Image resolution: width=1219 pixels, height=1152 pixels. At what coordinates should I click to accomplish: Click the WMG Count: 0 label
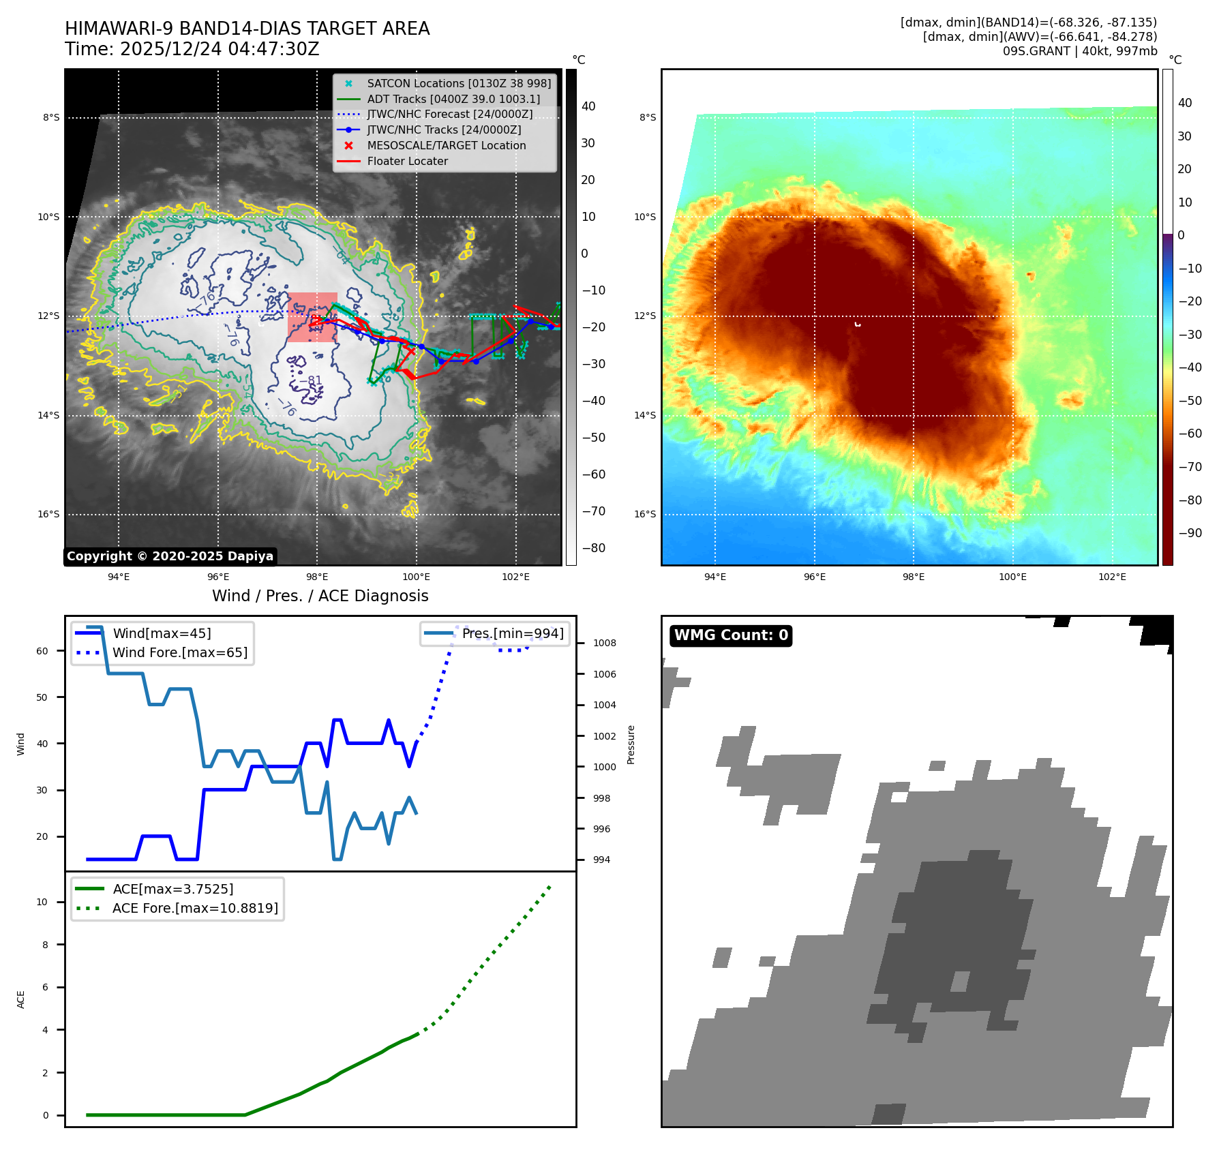coord(730,635)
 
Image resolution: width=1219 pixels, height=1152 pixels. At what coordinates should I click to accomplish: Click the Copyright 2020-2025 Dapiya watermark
coord(170,556)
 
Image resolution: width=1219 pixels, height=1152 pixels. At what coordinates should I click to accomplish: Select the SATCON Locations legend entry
coord(458,83)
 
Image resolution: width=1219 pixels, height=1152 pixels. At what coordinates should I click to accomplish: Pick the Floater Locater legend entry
coord(407,162)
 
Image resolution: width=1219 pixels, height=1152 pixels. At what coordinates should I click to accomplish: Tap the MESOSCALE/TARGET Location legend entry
coord(446,146)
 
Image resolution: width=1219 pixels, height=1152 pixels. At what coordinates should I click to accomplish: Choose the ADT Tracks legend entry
coord(453,99)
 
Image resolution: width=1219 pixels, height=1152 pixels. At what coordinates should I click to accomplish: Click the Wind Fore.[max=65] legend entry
coord(180,652)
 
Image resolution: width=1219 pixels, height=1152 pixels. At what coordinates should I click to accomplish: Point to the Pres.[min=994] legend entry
coord(512,633)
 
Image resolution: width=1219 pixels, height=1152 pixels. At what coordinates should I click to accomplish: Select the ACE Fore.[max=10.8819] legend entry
coord(195,908)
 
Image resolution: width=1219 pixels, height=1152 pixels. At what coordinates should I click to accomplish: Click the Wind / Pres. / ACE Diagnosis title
coord(320,596)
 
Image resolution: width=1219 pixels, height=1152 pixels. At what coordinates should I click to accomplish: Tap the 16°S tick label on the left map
coord(48,514)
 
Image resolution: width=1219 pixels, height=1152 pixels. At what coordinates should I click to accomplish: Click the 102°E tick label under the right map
coord(1112,577)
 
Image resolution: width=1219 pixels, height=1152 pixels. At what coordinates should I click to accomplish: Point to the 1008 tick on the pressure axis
coord(604,643)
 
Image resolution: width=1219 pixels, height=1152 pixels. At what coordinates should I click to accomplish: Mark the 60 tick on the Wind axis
coord(42,651)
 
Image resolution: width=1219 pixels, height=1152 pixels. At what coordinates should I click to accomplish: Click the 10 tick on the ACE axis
coord(42,902)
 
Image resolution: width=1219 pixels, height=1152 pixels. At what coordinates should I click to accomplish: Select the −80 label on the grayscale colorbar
coord(593,548)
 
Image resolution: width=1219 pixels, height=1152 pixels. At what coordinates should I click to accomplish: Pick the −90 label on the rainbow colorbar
coord(1190,533)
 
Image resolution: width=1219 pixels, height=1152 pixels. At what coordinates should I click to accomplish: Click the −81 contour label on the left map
coord(313,380)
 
